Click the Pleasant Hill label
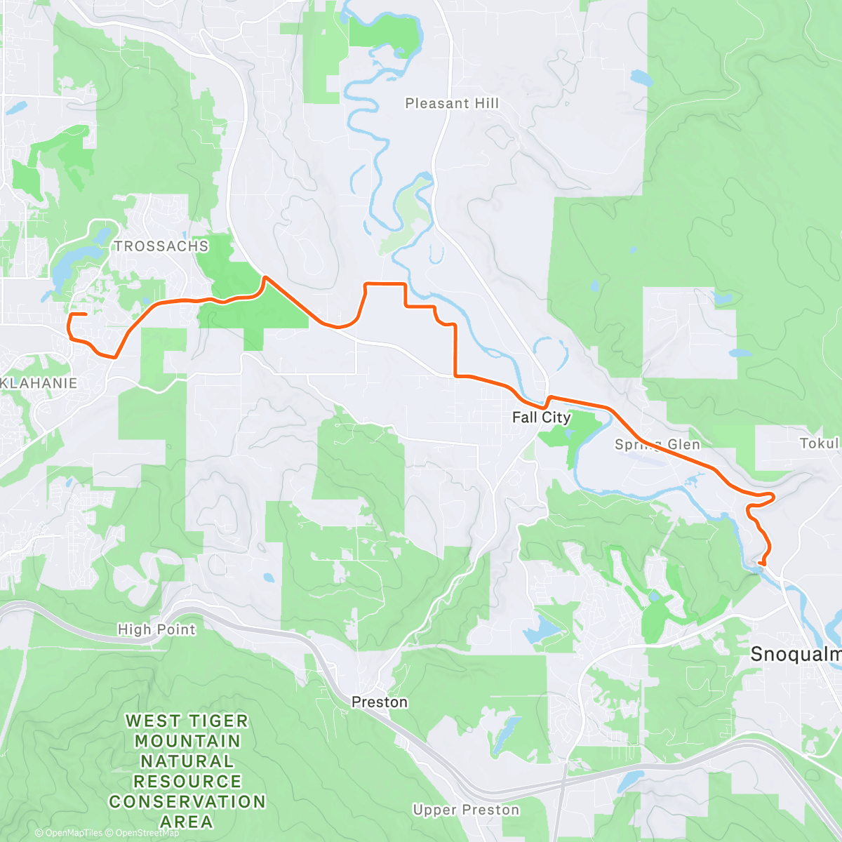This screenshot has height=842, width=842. [452, 104]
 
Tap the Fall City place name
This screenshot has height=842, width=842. [541, 417]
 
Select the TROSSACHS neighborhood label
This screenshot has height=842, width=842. [161, 246]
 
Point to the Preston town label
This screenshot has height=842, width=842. [379, 702]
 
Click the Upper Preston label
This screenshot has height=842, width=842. [466, 810]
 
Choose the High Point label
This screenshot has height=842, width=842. [156, 629]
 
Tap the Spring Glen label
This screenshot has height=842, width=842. [657, 445]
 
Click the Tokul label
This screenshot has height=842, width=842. [819, 443]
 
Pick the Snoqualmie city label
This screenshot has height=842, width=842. [796, 655]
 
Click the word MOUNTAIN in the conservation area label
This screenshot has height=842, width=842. [187, 742]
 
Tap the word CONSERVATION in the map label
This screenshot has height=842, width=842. [187, 801]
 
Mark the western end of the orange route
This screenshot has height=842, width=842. [86, 314]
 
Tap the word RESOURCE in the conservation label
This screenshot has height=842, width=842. [187, 782]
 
